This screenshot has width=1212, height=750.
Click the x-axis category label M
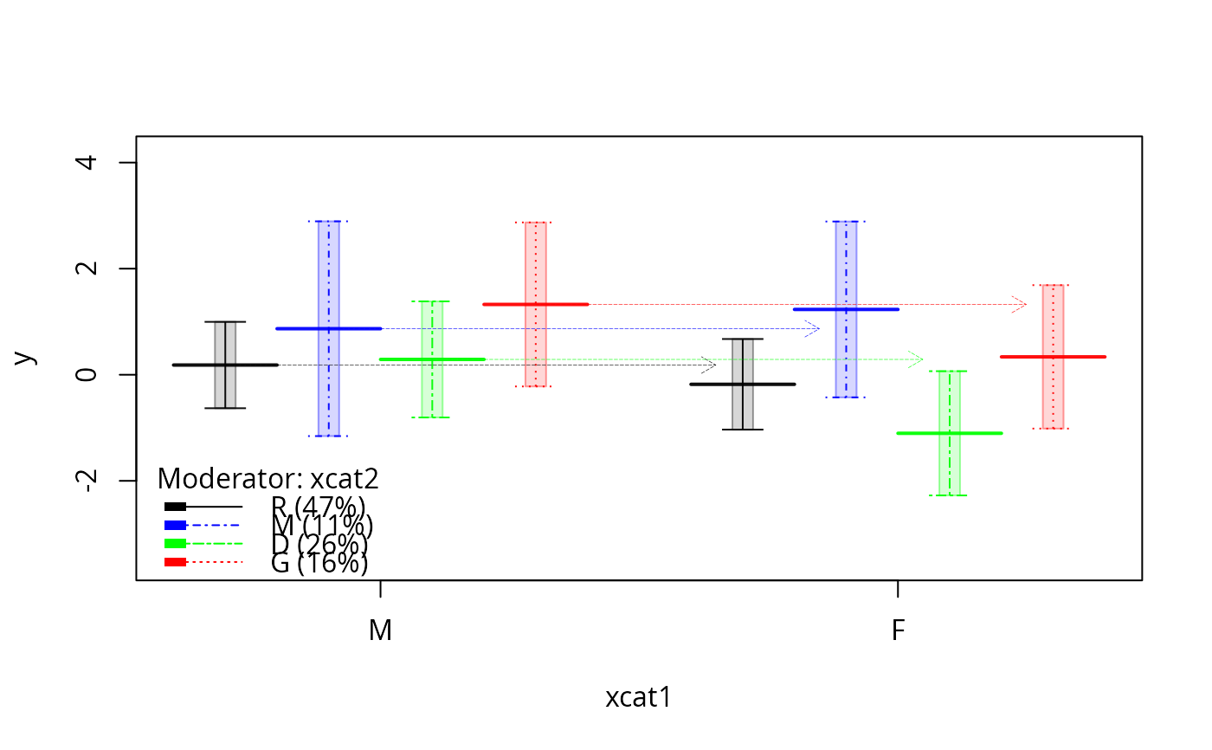(381, 630)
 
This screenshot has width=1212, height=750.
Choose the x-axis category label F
(898, 630)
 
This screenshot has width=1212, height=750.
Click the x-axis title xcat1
(639, 698)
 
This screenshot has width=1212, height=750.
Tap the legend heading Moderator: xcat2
(268, 478)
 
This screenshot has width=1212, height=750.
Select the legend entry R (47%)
(318, 506)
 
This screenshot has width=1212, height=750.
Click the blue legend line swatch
(203, 525)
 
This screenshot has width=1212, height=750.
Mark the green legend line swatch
(203, 544)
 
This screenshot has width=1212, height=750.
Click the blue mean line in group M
(328, 329)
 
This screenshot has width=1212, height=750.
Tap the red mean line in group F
(1053, 357)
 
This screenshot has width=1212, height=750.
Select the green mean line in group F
(950, 433)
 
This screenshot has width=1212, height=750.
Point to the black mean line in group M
(225, 365)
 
